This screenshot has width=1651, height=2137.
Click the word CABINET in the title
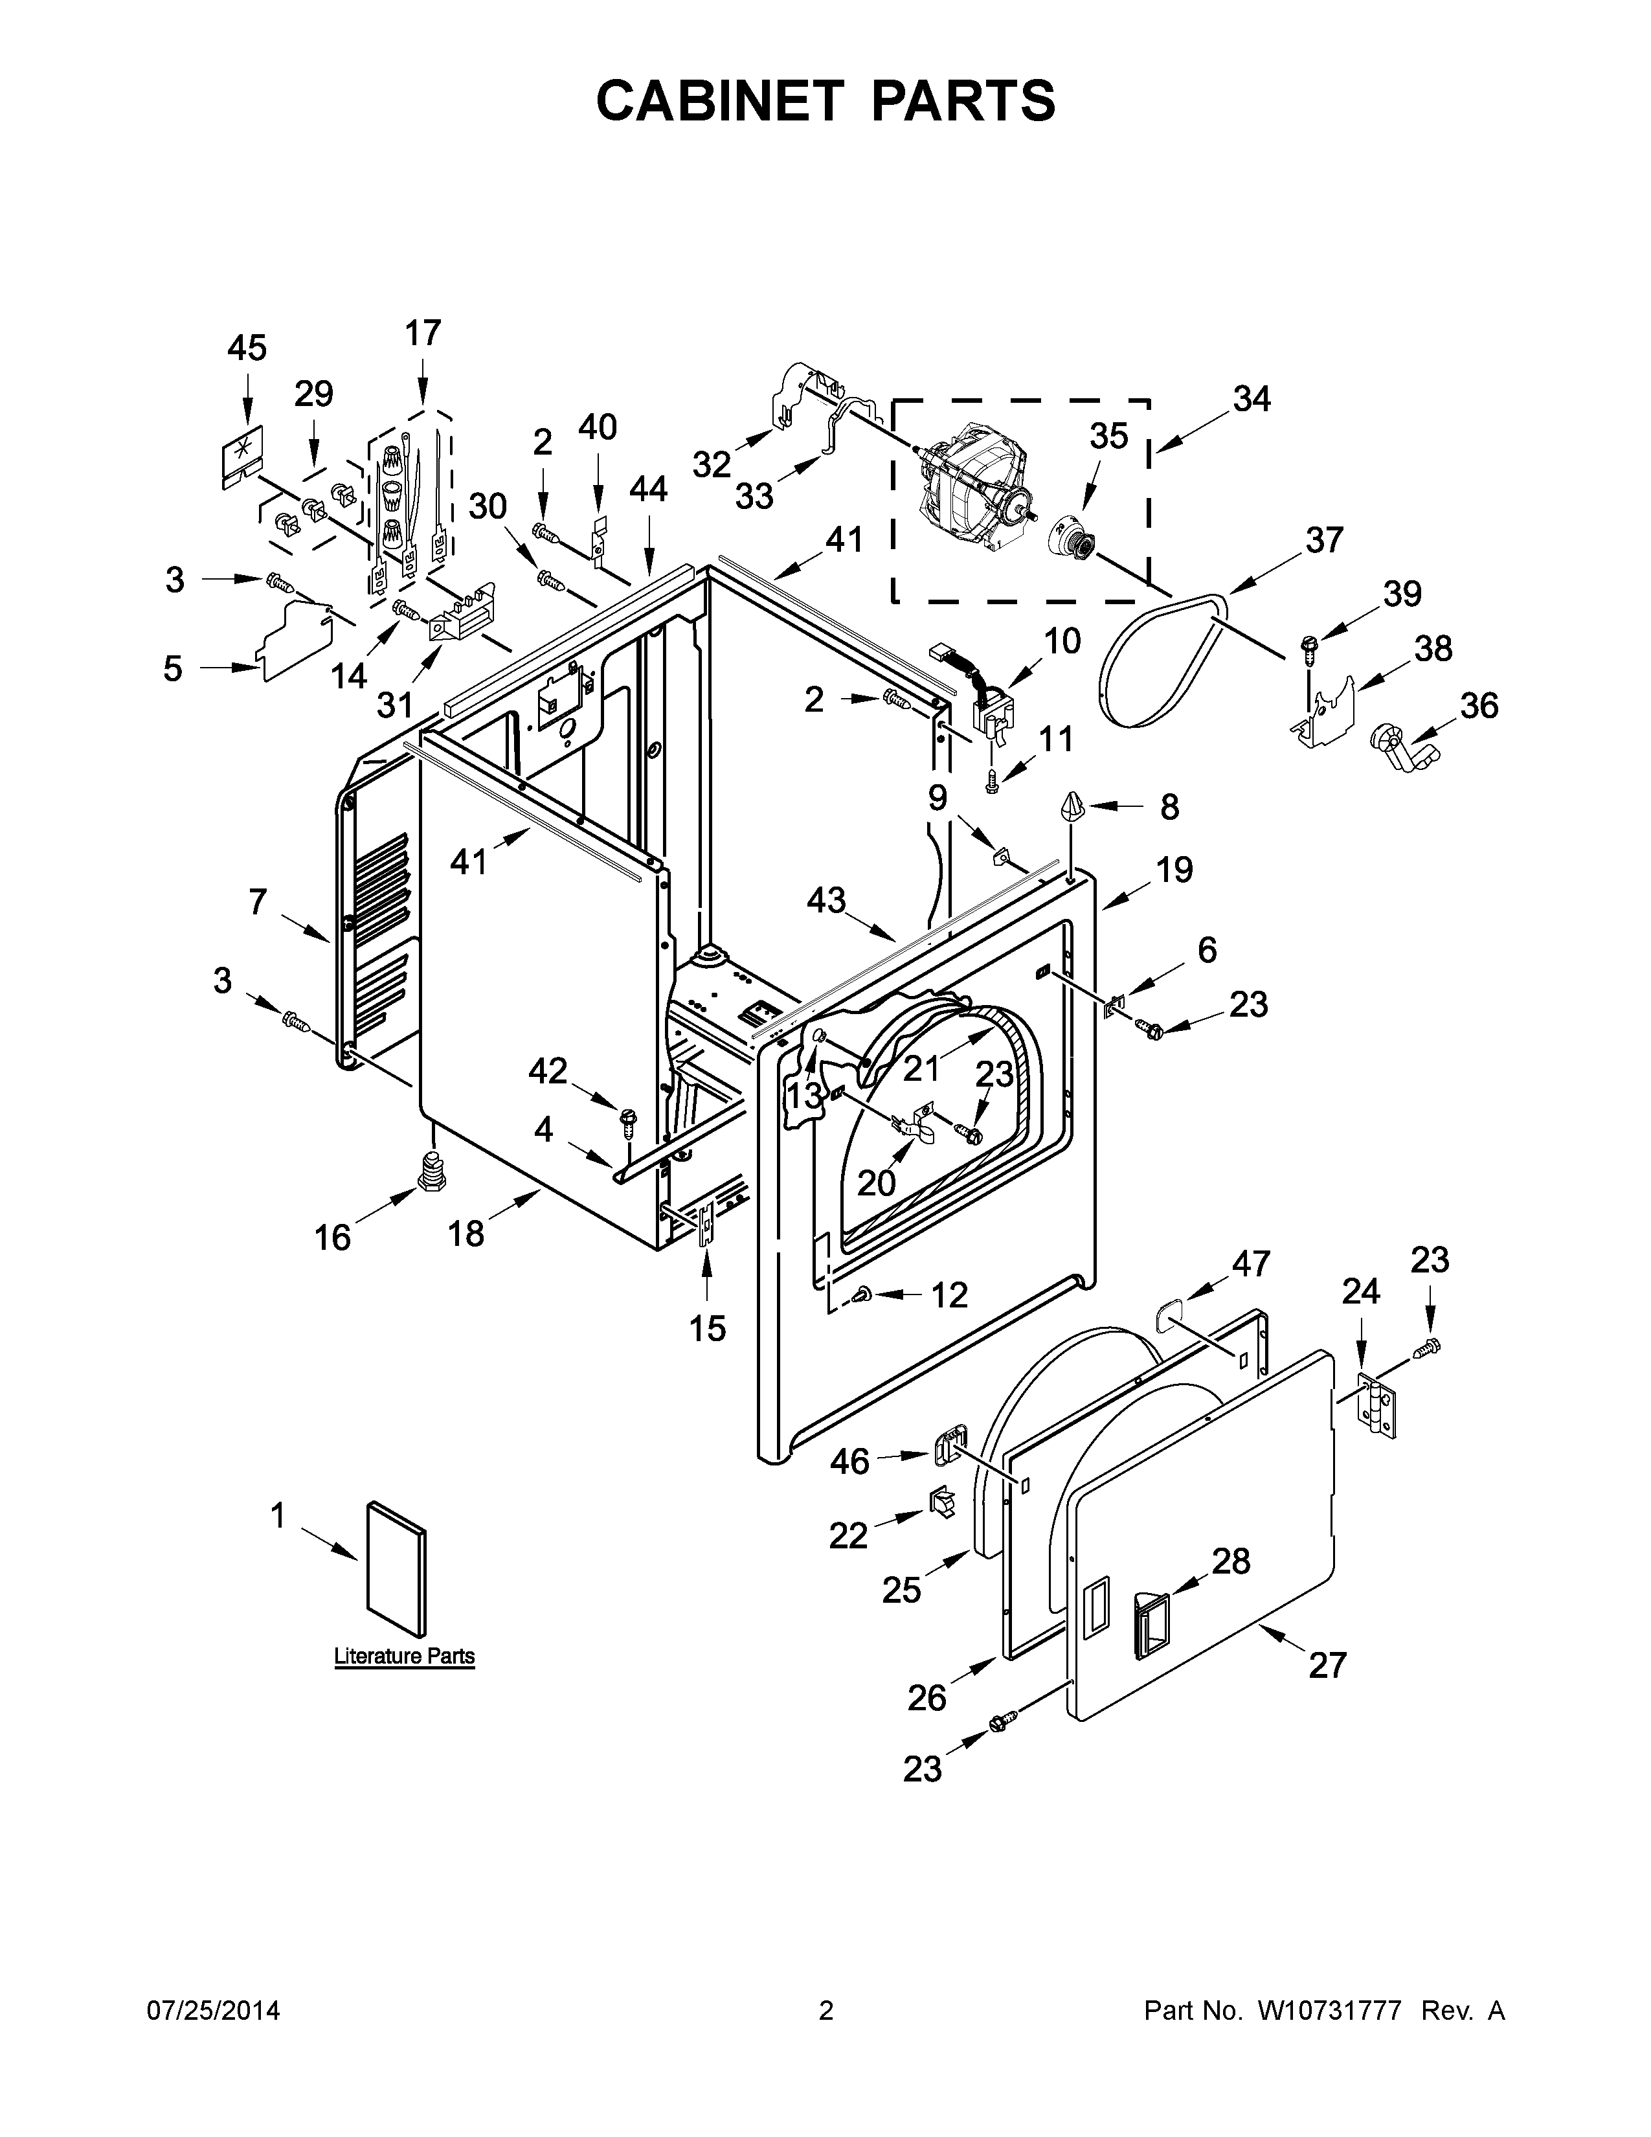[719, 101]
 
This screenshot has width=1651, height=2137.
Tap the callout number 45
[247, 348]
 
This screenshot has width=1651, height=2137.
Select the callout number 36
[1478, 705]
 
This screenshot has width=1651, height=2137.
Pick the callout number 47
[1250, 1264]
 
